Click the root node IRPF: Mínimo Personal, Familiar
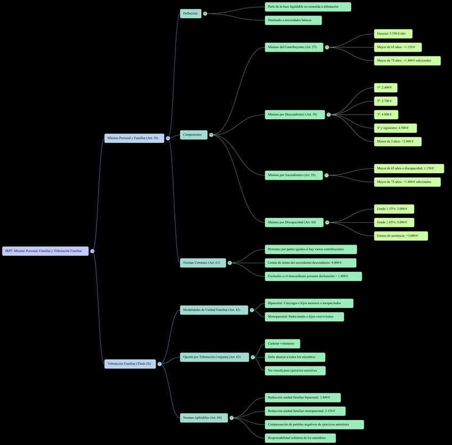tap(45, 251)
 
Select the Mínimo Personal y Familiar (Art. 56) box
tap(134, 138)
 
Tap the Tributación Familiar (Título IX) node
tap(130, 364)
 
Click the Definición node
tap(190, 13)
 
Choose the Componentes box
tap(193, 135)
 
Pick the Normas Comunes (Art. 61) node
tap(203, 263)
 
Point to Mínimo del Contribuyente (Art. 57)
tap(293, 47)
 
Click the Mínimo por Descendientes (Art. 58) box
tap(294, 115)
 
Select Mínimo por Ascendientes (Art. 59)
tap(293, 175)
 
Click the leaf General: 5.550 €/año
tap(393, 34)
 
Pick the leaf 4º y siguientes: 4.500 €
tap(395, 128)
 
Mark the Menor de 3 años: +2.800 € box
tap(397, 142)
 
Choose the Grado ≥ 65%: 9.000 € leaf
tap(393, 222)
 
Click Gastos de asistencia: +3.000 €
tap(400, 236)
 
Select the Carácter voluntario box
tap(282, 344)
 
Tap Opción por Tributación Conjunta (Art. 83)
tap(214, 357)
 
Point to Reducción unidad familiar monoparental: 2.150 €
tap(305, 411)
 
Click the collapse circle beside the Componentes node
tap(211, 135)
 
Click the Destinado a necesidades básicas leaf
tap(293, 20)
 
